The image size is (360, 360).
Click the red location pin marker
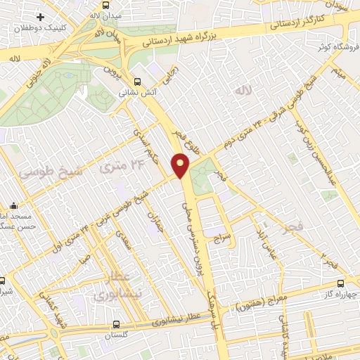[x=181, y=165]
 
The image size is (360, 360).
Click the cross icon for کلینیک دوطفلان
[x=41, y=16]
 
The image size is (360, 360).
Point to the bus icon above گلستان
[x=117, y=324]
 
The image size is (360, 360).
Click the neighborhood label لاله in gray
[x=243, y=90]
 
